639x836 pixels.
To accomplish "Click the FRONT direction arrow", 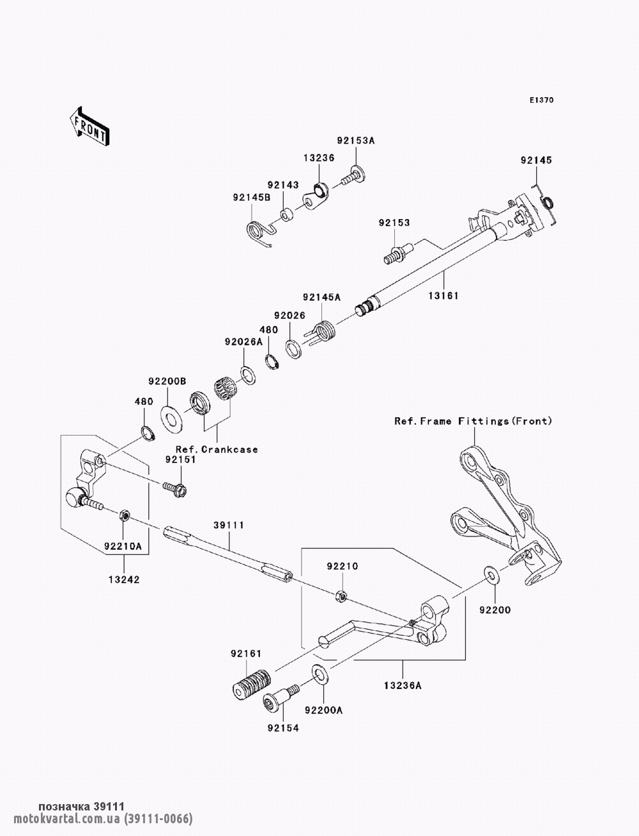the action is tap(89, 126).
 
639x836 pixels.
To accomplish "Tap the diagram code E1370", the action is tap(541, 100).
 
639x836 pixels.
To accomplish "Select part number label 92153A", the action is tap(356, 141).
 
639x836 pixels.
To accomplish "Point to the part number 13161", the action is tap(443, 295).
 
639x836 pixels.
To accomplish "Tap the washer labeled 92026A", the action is tap(248, 376).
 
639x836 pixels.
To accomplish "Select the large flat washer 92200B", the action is tap(171, 420).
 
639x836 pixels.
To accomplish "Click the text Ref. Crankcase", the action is tap(217, 450).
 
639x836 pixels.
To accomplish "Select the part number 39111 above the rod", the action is tap(229, 525).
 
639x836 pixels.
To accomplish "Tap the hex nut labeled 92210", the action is tap(341, 596).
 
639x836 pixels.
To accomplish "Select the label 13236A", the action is tap(403, 685).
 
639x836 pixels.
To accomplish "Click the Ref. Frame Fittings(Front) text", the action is tap(473, 421).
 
